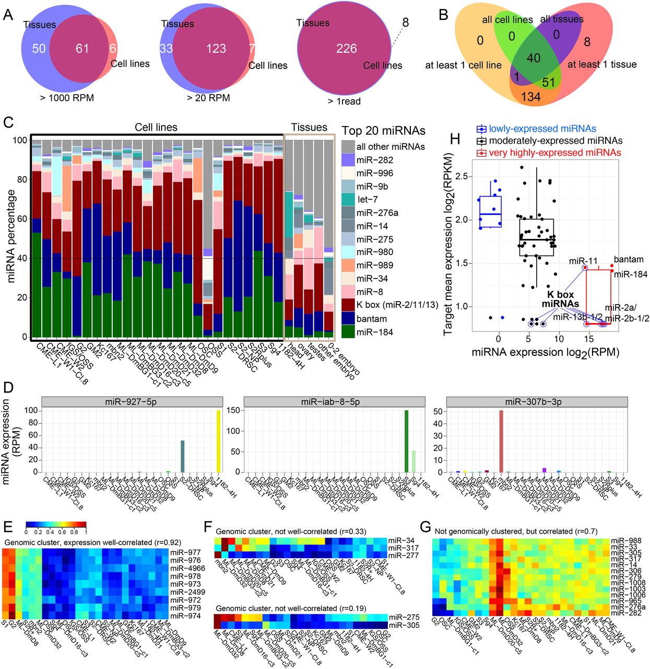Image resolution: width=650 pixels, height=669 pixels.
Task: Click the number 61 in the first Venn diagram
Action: [x=82, y=49]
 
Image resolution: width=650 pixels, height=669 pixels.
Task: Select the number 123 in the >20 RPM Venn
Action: [x=216, y=49]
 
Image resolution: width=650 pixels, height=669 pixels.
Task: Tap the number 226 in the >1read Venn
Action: [x=346, y=49]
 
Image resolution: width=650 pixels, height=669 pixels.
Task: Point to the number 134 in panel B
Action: [x=530, y=97]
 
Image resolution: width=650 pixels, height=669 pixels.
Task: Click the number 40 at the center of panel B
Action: [x=534, y=58]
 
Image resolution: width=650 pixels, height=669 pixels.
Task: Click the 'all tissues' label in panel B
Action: [x=562, y=19]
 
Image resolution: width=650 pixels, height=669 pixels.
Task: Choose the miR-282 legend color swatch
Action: [x=348, y=160]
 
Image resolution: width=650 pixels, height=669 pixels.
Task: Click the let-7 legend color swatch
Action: [x=348, y=199]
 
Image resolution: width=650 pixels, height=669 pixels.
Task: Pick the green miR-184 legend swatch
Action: [x=348, y=332]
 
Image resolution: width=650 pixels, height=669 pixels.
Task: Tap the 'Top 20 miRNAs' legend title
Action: [x=383, y=131]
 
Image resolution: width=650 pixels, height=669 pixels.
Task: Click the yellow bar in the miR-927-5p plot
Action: [x=218, y=441]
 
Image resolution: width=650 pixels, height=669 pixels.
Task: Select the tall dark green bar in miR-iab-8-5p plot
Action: [x=406, y=441]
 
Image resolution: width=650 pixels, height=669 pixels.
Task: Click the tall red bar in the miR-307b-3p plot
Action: [x=501, y=441]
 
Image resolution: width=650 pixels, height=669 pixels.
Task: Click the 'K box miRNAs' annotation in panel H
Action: [x=560, y=299]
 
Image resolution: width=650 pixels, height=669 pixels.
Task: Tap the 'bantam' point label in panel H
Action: [x=629, y=259]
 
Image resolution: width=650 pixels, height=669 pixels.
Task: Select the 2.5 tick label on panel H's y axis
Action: [x=460, y=176]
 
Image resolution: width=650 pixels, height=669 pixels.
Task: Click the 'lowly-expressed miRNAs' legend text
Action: [x=542, y=129]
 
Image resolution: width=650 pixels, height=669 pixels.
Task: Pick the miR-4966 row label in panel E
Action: [x=186, y=568]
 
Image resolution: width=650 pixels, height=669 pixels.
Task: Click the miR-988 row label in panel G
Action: [x=625, y=541]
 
